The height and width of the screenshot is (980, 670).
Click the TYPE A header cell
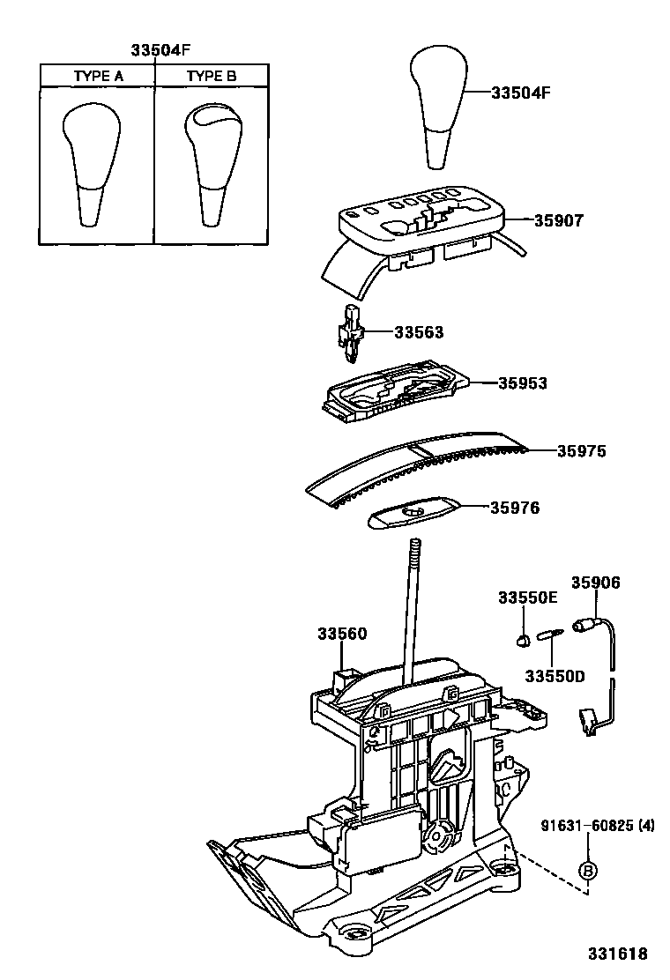click(x=98, y=76)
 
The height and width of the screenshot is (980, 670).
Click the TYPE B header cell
click(x=212, y=76)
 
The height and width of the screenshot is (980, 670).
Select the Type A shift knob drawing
click(x=92, y=165)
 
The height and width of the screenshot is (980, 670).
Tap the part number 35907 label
click(x=558, y=220)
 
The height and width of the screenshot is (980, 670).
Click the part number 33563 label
click(x=419, y=332)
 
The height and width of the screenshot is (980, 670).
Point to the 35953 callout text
click(x=523, y=383)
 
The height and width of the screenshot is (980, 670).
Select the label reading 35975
click(x=581, y=450)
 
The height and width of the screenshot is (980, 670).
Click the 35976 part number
click(x=514, y=508)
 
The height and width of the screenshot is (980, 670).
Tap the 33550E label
click(x=527, y=598)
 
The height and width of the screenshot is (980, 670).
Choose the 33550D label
click(x=555, y=676)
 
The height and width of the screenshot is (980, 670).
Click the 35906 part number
click(x=596, y=583)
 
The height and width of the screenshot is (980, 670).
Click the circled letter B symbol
click(x=587, y=871)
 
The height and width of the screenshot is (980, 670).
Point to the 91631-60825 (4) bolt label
click(x=598, y=826)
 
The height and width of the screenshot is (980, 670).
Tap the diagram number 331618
click(x=617, y=954)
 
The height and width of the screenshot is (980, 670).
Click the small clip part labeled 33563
click(x=350, y=333)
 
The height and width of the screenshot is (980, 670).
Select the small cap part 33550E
click(x=522, y=638)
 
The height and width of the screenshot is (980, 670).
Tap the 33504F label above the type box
click(x=160, y=50)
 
